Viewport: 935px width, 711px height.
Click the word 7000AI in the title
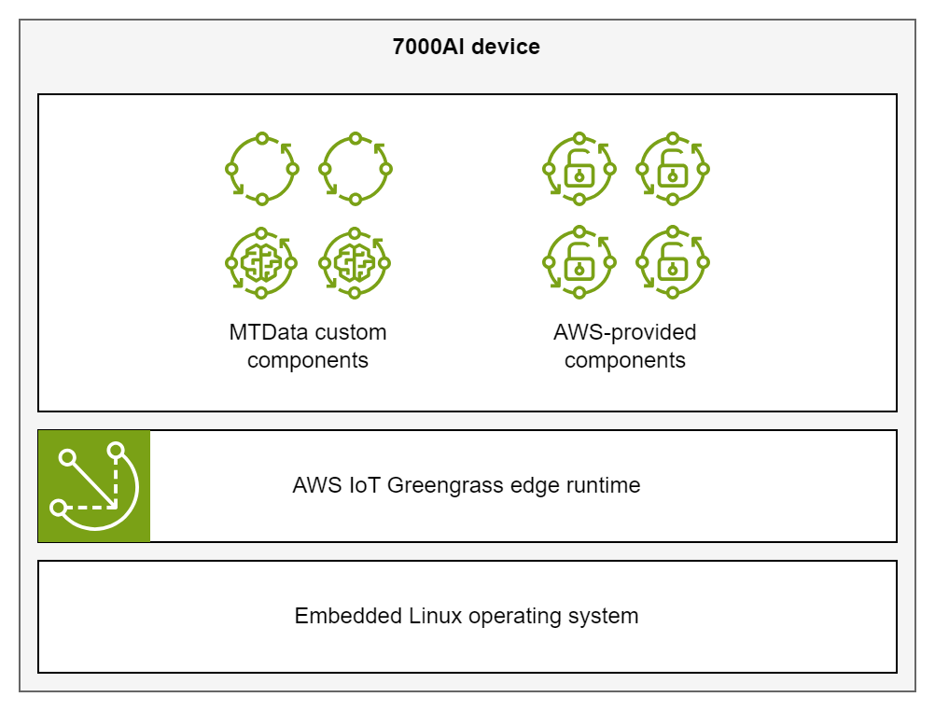coord(428,47)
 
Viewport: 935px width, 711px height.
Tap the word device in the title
coord(505,47)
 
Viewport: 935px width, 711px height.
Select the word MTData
coord(267,332)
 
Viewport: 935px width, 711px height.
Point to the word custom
coord(350,332)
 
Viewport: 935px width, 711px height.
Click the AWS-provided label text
coord(624,332)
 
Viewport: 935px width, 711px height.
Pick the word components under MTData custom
coord(308,360)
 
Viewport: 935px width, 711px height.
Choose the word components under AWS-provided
coord(624,360)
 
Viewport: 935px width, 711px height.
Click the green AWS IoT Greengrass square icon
coord(93,485)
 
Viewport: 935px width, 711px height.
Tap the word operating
coord(514,617)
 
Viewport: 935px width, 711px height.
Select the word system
coord(603,616)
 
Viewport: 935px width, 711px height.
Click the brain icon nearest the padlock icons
coord(355,263)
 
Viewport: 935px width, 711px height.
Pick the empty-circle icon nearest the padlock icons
coord(355,169)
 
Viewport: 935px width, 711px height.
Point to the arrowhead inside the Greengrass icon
coord(113,505)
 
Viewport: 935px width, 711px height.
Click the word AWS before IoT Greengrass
coord(314,485)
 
